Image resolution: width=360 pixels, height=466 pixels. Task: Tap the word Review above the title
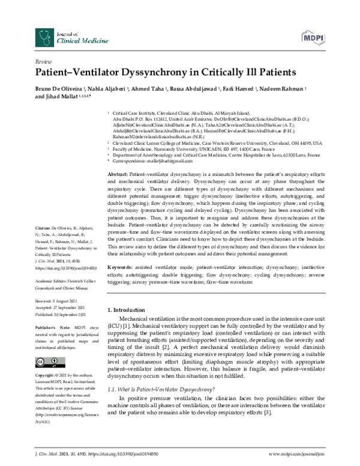pyautogui.click(x=43, y=62)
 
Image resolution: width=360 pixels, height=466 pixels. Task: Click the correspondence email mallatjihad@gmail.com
pyautogui.click(x=161, y=162)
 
